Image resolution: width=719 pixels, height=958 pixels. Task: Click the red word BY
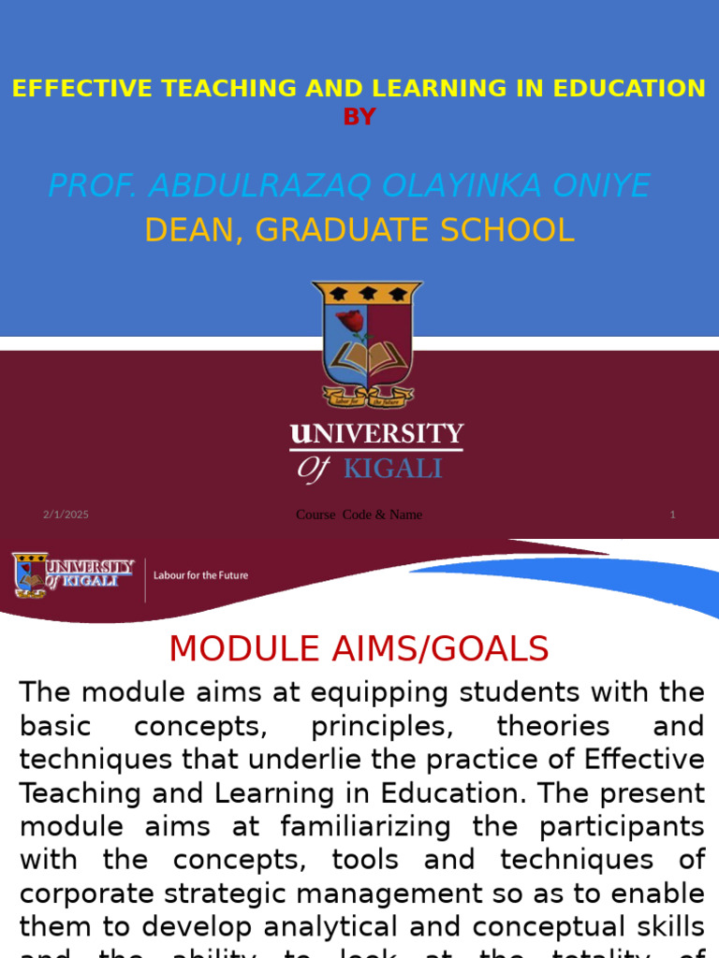359,117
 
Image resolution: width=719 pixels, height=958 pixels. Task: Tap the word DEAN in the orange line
186,230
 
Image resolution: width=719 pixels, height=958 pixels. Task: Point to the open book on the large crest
368,358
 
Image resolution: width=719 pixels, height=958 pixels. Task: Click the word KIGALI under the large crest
392,468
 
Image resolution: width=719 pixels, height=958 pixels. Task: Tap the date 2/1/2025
66,515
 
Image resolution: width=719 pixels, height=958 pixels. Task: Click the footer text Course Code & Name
359,515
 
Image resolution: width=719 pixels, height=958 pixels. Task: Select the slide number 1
672,515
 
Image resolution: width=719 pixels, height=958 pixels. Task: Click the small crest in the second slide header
30,574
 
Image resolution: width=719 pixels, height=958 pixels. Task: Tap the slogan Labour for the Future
201,575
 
